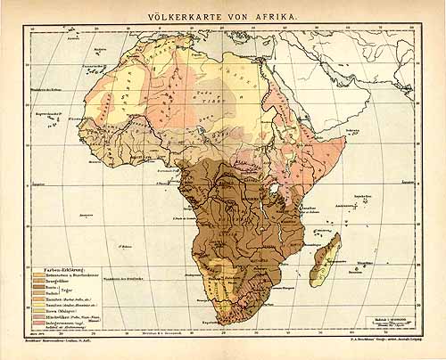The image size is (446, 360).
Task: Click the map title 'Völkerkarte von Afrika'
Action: [224, 15]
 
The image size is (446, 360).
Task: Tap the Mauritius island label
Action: [389, 264]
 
